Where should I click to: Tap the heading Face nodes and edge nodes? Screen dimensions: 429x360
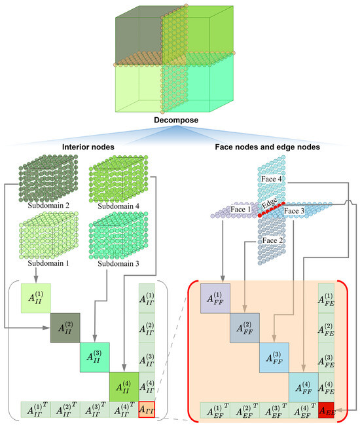point(266,147)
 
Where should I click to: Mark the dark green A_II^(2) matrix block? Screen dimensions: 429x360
point(65,325)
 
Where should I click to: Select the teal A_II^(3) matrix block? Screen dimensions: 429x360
point(94,355)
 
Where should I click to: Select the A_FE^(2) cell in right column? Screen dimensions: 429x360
point(325,326)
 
